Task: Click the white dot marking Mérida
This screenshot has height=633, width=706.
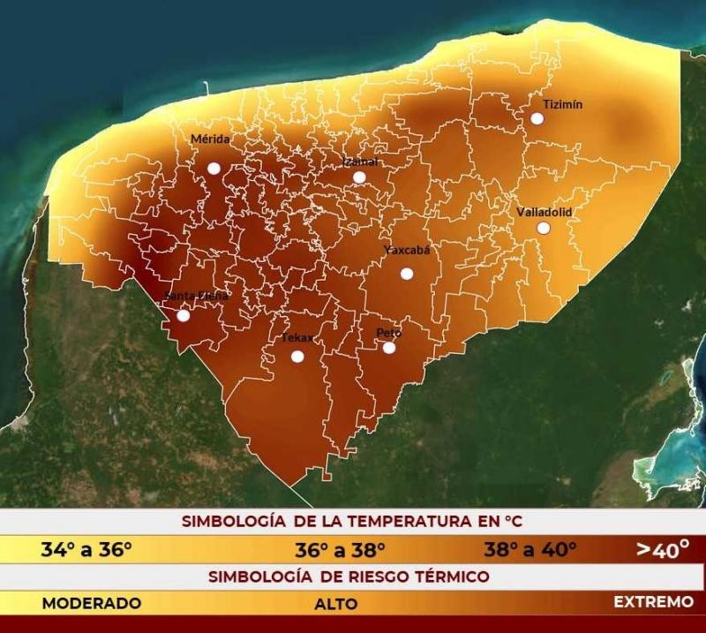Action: [214, 168]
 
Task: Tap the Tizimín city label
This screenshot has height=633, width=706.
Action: [562, 103]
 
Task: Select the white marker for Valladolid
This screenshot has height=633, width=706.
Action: [544, 228]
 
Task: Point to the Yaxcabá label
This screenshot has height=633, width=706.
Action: [407, 250]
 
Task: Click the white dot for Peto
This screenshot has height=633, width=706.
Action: [388, 347]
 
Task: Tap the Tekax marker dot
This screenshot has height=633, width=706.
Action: [297, 357]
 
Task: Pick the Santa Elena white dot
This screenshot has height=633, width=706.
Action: [184, 315]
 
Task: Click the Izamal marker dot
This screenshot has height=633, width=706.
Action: [359, 177]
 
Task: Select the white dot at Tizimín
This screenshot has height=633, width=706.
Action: [537, 118]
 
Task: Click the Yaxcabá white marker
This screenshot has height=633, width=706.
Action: [407, 274]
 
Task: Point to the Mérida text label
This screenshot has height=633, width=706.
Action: [210, 139]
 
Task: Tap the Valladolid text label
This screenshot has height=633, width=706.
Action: [544, 213]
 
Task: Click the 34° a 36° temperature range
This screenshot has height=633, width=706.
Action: [86, 550]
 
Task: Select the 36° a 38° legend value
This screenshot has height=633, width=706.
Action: [340, 550]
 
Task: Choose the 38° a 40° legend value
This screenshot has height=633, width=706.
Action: [529, 550]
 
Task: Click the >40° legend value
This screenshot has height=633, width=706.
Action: [663, 550]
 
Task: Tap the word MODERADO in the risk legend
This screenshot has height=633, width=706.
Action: [92, 603]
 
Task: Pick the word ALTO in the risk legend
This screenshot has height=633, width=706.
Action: [336, 605]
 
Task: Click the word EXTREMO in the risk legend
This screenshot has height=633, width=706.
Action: [654, 602]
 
